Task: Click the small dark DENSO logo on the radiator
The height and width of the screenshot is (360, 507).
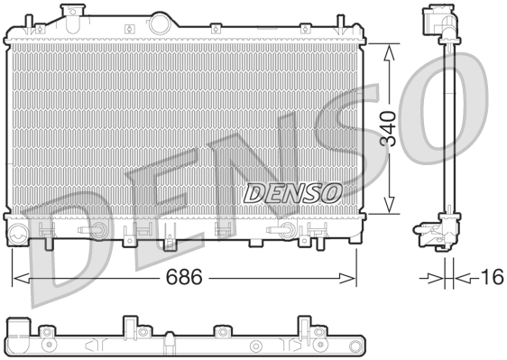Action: pos(291,191)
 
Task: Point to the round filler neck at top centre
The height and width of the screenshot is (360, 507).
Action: pos(161,23)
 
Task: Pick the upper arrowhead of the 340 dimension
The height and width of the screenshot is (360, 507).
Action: pos(389,51)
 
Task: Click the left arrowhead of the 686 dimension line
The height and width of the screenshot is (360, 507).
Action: pos(16,277)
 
